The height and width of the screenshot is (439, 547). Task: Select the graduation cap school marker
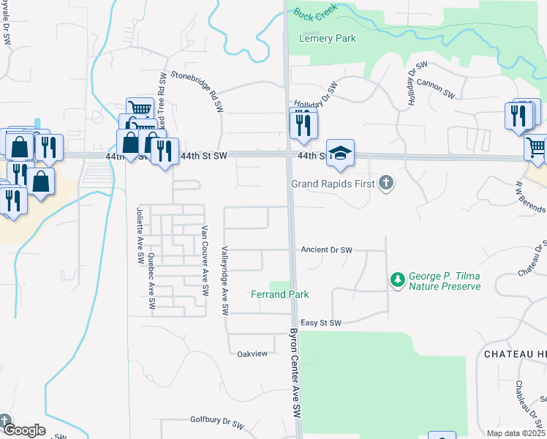pyautogui.click(x=340, y=153)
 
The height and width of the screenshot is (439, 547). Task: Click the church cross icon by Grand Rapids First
pyautogui.click(x=386, y=184)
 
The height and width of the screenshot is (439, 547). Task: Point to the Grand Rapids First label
pyautogui.click(x=333, y=184)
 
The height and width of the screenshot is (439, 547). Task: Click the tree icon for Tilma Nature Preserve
pyautogui.click(x=398, y=279)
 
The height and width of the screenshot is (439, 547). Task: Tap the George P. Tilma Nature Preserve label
pyautogui.click(x=444, y=281)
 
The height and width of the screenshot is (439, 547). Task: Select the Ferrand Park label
pyautogui.click(x=280, y=294)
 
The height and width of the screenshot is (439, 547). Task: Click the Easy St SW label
pyautogui.click(x=321, y=323)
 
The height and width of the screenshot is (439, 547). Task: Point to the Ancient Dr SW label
pyautogui.click(x=326, y=250)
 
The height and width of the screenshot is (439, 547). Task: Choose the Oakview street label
pyautogui.click(x=252, y=353)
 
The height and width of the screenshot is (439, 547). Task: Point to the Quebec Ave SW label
pyautogui.click(x=151, y=274)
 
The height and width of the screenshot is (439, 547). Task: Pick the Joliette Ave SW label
pyautogui.click(x=138, y=236)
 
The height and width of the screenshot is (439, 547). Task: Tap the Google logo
pyautogui.click(x=24, y=430)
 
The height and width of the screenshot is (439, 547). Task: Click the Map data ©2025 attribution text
pyautogui.click(x=516, y=433)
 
